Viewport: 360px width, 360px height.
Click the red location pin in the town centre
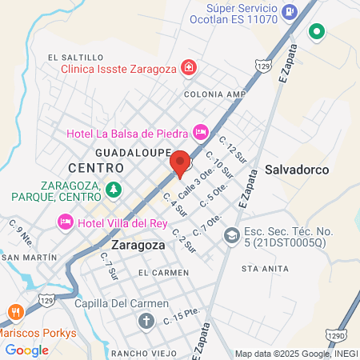181,162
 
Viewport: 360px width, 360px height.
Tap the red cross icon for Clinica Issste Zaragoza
188,67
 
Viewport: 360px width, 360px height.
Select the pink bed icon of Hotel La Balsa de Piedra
200,131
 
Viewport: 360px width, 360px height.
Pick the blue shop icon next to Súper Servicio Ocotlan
290,12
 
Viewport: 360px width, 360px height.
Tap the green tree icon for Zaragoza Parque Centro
114,189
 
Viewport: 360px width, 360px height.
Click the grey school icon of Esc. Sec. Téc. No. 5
232,235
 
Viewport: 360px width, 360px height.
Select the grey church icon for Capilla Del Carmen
146,321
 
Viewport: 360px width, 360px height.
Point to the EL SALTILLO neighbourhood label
76,58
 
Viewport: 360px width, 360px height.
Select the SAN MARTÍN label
30,258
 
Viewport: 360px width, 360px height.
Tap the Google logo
26,350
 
